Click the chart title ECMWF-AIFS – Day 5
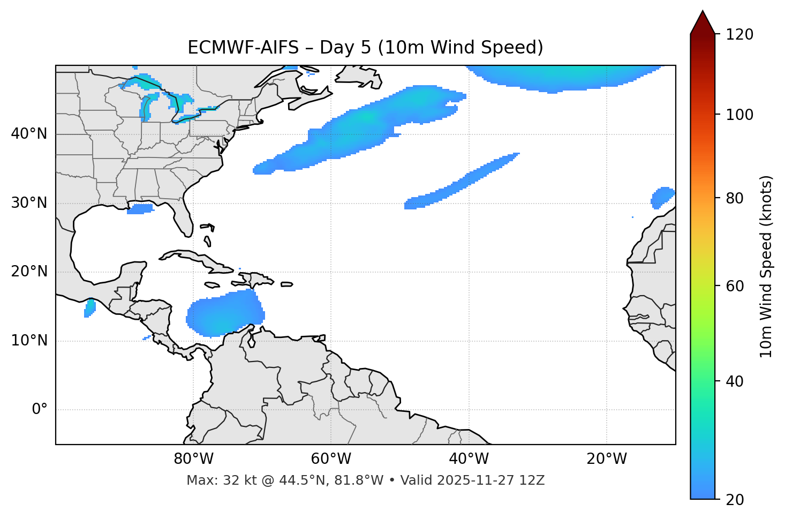[x=365, y=48]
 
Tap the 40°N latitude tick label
[x=29, y=134]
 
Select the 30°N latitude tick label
[x=29, y=203]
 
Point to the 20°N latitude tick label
[x=29, y=272]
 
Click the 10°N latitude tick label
[x=29, y=341]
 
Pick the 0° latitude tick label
[x=40, y=410]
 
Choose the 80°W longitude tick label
[x=193, y=459]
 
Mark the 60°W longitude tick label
[x=331, y=459]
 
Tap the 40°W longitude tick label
[x=469, y=459]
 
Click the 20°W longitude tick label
[x=606, y=459]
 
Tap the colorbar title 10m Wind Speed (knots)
[x=766, y=266]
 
